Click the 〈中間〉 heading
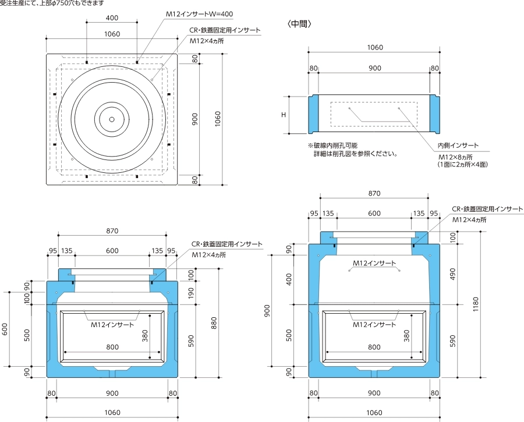(x=300, y=24)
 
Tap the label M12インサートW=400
(x=215, y=13)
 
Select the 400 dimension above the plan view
(x=112, y=18)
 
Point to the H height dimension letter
(x=284, y=115)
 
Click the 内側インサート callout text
(x=458, y=146)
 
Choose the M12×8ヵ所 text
(x=455, y=157)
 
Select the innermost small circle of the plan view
(x=112, y=119)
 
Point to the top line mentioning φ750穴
(x=52, y=3)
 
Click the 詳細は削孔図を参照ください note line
(x=355, y=154)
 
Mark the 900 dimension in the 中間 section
(x=374, y=68)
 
